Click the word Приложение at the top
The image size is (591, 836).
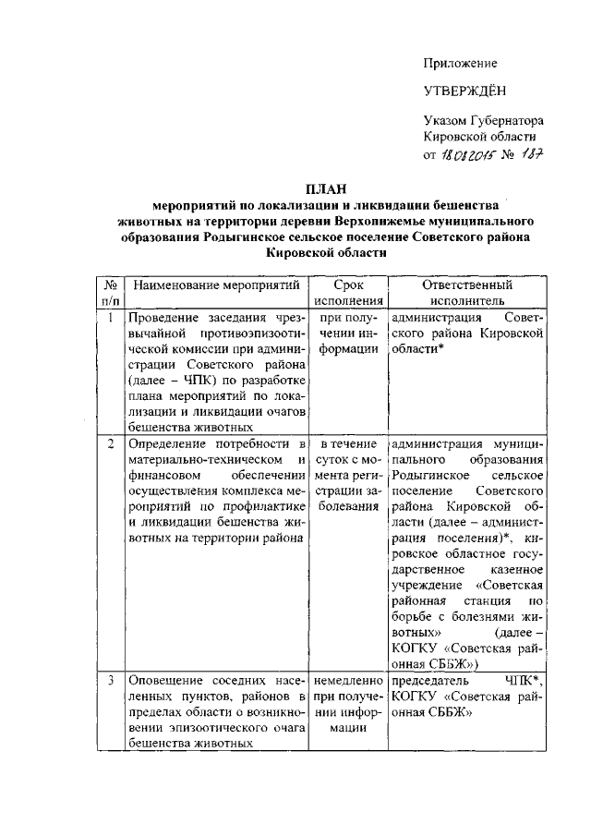[460, 64]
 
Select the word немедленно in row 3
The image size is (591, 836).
[348, 681]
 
